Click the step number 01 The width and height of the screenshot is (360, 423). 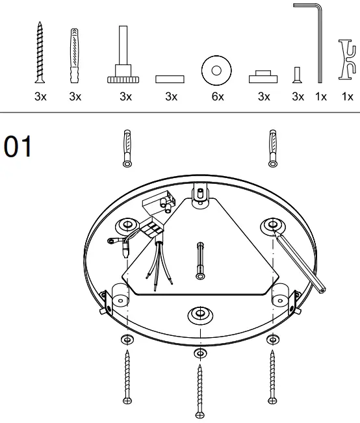click(x=18, y=147)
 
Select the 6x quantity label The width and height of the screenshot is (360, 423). click(x=218, y=97)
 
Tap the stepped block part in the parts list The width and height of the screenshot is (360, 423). click(x=263, y=77)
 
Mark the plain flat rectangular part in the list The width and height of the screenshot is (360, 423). click(x=170, y=79)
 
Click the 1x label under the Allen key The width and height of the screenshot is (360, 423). click(x=321, y=97)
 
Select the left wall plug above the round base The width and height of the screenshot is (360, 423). click(x=127, y=147)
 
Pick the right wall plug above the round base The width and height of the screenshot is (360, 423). click(x=272, y=147)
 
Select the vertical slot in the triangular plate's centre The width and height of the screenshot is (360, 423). click(x=199, y=260)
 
